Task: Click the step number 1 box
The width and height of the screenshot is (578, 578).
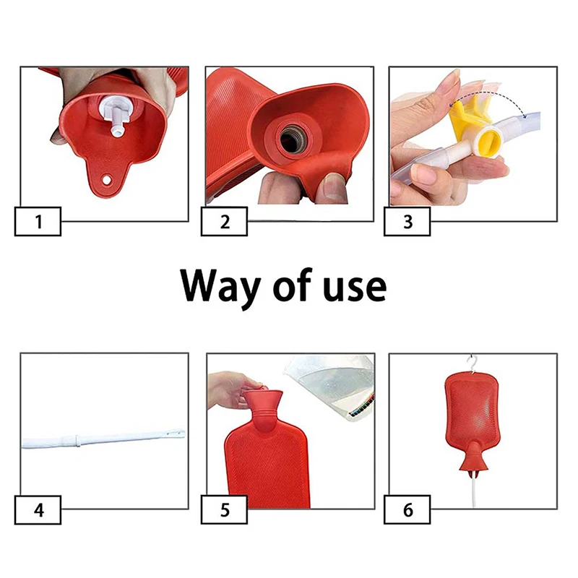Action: pos(38,222)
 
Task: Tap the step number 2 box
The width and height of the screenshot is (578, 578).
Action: pos(224,222)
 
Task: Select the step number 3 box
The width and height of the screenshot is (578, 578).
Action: pos(407,222)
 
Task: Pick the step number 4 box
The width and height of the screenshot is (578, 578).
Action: pos(38,510)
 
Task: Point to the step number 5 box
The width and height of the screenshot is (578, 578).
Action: pos(224,510)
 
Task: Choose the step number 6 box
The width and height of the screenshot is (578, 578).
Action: pos(407,510)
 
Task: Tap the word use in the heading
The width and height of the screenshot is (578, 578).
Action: pos(355,287)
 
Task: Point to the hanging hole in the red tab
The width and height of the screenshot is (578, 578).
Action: pos(106,180)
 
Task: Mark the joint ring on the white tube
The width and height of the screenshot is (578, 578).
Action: pos(77,441)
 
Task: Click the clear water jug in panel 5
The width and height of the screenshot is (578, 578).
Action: pos(330,387)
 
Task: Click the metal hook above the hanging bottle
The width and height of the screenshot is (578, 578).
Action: pos(473,364)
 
